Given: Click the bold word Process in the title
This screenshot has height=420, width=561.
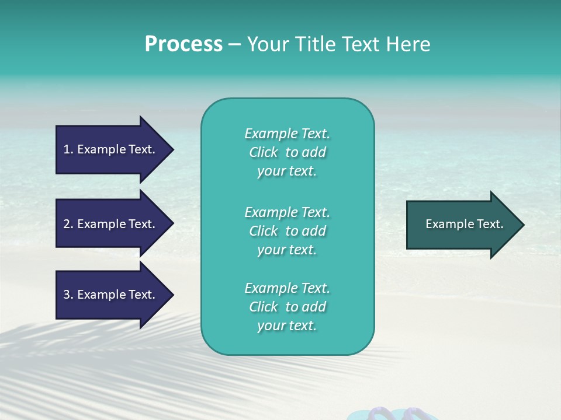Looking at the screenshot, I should (x=183, y=44).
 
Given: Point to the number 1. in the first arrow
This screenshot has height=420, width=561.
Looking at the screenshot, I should (x=68, y=149).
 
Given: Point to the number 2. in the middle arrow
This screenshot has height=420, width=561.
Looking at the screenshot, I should (x=68, y=224).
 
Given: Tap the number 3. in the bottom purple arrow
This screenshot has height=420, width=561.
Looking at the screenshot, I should (x=68, y=295).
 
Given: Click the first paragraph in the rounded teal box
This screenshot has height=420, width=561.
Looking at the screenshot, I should (x=287, y=152).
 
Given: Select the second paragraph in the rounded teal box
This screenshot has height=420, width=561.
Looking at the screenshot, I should (x=287, y=231).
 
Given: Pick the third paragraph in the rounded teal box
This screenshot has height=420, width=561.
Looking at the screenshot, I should (x=287, y=307).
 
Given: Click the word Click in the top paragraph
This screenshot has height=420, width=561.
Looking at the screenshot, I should (x=264, y=152).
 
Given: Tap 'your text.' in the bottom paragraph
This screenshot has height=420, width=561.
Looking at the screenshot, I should (x=287, y=325).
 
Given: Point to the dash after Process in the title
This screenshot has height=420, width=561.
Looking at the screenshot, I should (x=234, y=44).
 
